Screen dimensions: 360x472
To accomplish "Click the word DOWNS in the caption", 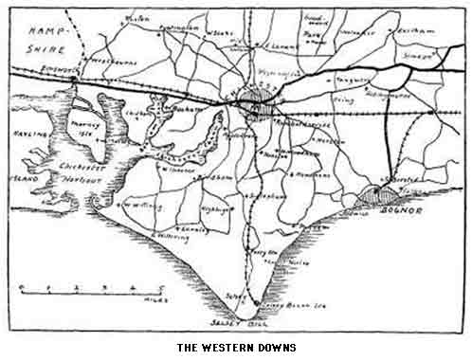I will [x=273, y=347].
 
